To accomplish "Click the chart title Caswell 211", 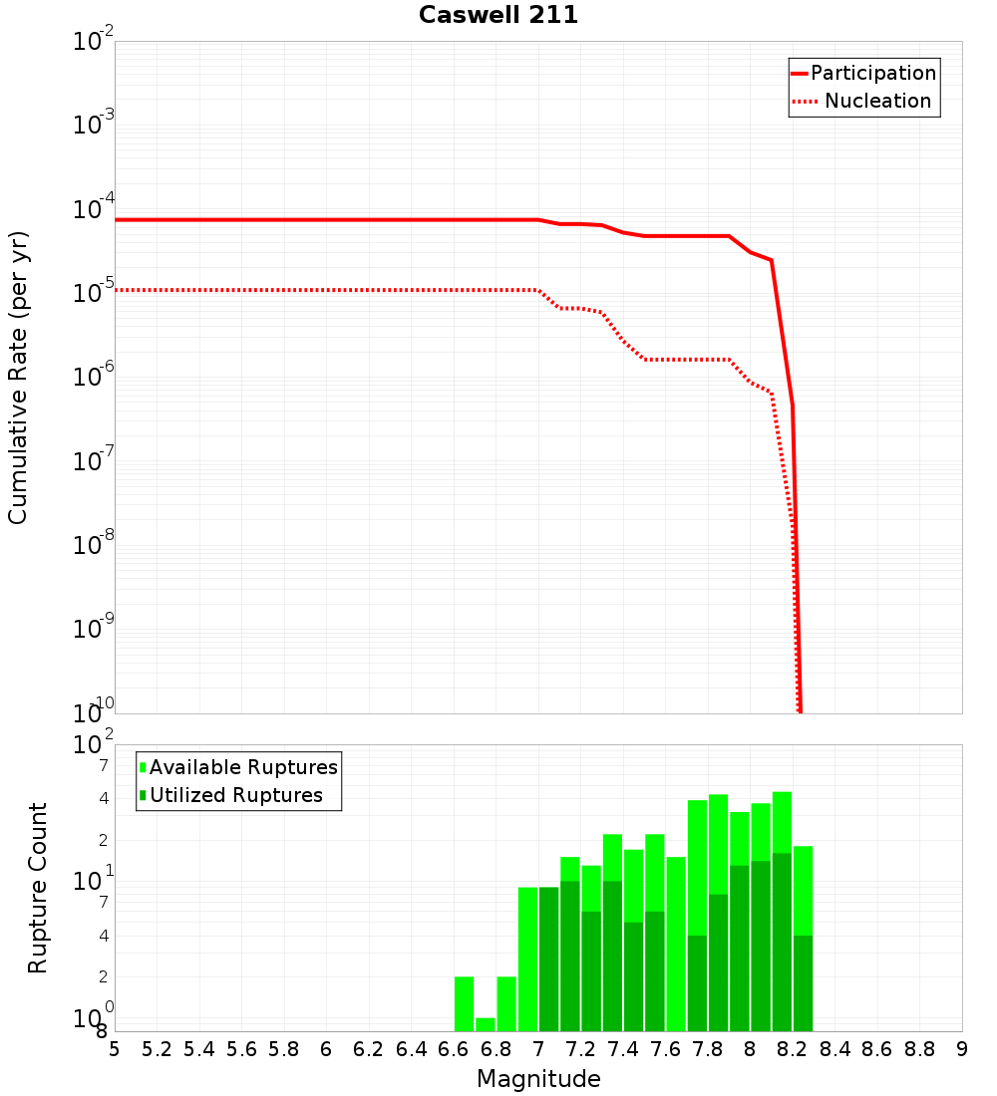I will (x=498, y=16).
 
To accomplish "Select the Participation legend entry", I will (x=872, y=74).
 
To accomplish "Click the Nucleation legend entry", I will (x=876, y=102).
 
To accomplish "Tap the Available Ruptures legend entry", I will (x=243, y=767).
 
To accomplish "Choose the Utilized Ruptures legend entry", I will (x=235, y=795).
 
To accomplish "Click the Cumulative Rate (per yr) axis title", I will (x=18, y=378).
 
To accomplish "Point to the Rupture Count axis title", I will (x=38, y=888).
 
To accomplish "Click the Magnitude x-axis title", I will (x=538, y=1079).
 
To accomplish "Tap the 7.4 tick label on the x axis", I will (x=623, y=1049).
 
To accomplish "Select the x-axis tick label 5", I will (x=115, y=1049).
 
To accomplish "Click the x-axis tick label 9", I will (x=962, y=1049).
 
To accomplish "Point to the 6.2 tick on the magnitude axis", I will (x=369, y=1049).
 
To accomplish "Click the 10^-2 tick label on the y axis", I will (x=94, y=43).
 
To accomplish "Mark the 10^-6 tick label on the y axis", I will (x=94, y=378).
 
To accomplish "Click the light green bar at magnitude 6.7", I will (x=485, y=1024).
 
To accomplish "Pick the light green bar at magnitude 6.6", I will (x=464, y=1004).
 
